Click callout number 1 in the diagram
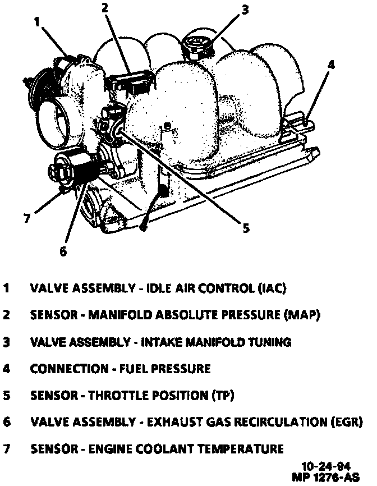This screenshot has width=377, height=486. [36, 22]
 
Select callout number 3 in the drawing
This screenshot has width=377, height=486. [245, 9]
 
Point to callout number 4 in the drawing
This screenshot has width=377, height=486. [331, 65]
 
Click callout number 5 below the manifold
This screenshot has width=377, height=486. [245, 227]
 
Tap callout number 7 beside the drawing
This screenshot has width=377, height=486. [26, 218]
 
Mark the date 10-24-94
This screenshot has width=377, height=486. [324, 466]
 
